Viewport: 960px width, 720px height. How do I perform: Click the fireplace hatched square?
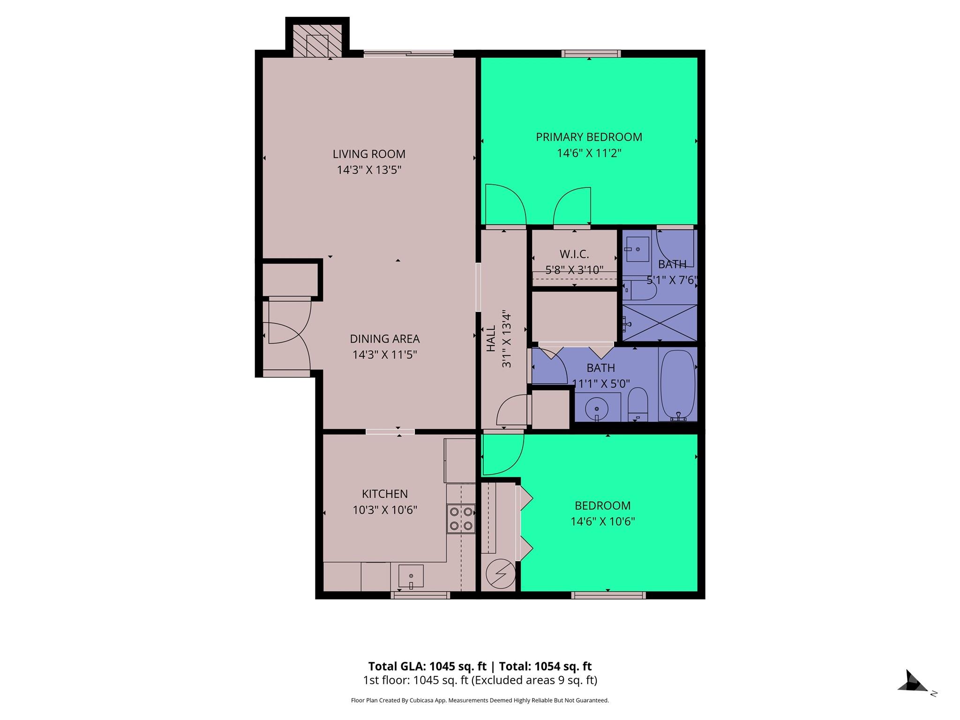tap(317, 45)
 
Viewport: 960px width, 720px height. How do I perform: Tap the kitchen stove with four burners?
tap(461, 518)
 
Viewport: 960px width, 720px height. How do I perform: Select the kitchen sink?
tap(411, 576)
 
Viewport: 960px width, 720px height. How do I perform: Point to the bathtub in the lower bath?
tap(678, 384)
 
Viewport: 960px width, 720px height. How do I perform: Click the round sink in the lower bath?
tap(596, 409)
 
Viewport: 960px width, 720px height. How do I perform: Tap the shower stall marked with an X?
tap(660, 322)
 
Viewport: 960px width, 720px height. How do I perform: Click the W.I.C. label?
tap(574, 254)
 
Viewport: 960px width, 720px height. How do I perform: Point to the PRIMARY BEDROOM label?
tap(589, 137)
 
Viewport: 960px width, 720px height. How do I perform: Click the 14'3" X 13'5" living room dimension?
tap(369, 170)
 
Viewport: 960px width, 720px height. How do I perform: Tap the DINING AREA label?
tap(384, 338)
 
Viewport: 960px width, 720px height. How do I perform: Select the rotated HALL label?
tap(491, 338)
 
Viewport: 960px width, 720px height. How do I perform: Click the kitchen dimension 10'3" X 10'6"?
tap(384, 510)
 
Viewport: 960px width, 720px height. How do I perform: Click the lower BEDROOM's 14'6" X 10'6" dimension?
tap(602, 521)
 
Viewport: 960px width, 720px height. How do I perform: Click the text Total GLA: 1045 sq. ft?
tap(427, 666)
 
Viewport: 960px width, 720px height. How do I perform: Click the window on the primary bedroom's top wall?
tap(591, 53)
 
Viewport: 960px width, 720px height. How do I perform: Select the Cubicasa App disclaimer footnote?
tap(480, 700)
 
